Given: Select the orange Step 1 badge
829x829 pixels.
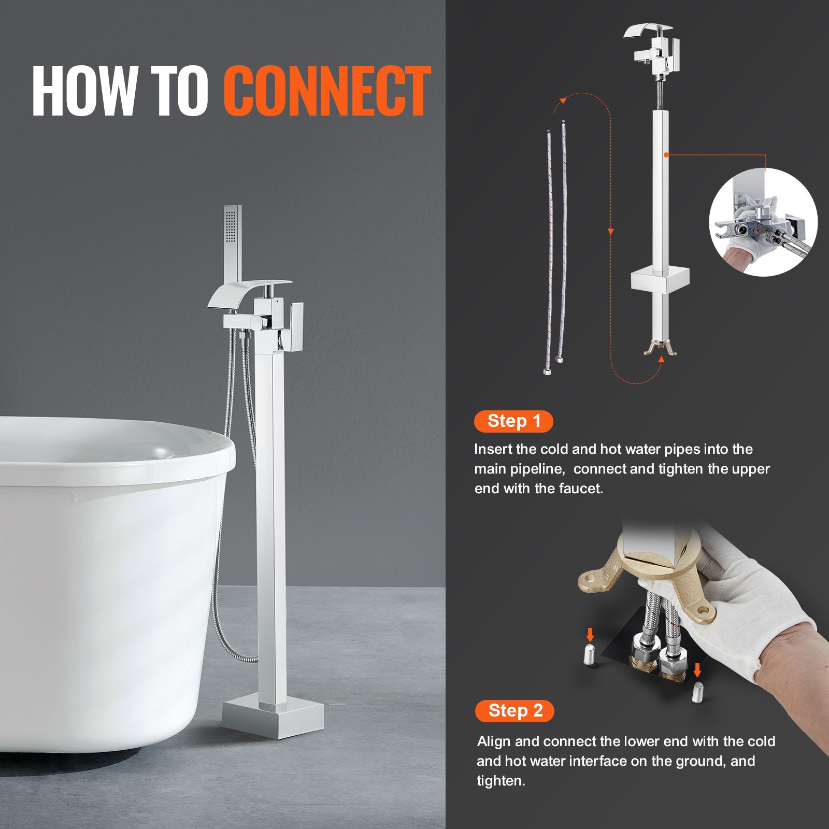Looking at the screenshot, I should pyautogui.click(x=513, y=421).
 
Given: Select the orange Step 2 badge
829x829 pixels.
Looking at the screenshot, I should pyautogui.click(x=514, y=710).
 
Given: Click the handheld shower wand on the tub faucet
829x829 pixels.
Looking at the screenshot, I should pyautogui.click(x=233, y=238).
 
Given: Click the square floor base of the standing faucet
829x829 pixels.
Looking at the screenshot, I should pyautogui.click(x=273, y=718).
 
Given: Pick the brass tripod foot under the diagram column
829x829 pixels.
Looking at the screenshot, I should pyautogui.click(x=660, y=348).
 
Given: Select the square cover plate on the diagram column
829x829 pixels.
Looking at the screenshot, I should pyautogui.click(x=660, y=280).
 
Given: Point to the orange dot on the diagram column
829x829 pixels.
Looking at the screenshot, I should pyautogui.click(x=666, y=154).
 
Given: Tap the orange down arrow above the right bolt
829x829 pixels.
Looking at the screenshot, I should pyautogui.click(x=697, y=670).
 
